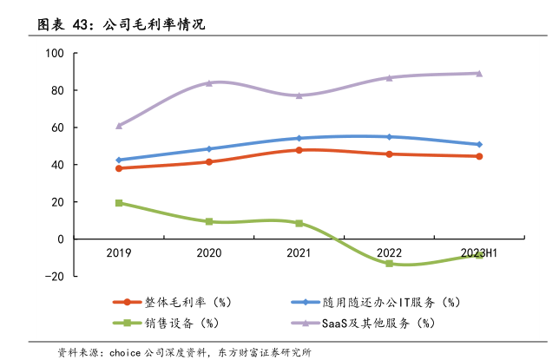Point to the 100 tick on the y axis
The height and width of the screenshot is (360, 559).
(x=56, y=54)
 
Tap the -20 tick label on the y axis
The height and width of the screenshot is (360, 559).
(x=54, y=277)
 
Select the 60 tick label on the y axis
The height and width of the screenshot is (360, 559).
(x=58, y=128)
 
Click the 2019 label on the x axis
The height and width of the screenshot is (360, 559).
(x=119, y=253)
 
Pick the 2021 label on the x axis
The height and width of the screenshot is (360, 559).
(x=299, y=253)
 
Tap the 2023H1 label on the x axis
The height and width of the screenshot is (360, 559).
(x=478, y=253)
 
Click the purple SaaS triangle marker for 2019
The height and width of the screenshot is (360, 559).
(x=119, y=126)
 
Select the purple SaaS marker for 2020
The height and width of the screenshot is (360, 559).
(x=209, y=83)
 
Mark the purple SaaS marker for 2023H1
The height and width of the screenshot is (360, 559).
(x=478, y=74)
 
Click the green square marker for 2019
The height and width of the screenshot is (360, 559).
(x=119, y=203)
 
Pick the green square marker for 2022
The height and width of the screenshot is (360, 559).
(x=389, y=264)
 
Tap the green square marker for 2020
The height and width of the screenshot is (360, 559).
(x=209, y=221)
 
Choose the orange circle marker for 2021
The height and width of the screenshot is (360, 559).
(x=299, y=150)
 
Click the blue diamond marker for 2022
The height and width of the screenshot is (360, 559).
(x=389, y=137)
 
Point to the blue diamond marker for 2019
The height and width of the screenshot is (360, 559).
(x=119, y=160)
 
